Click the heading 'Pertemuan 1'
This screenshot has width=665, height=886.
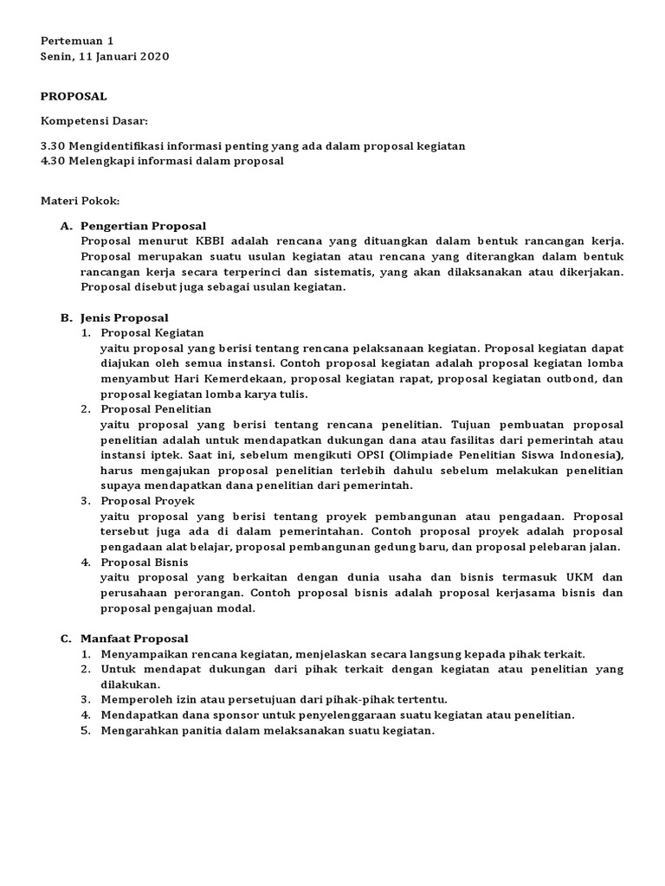[77, 41]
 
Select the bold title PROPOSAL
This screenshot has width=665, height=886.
[74, 96]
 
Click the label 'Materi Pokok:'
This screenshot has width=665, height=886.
[81, 201]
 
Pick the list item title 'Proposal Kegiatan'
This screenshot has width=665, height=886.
[152, 332]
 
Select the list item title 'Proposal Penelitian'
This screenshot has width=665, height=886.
[156, 408]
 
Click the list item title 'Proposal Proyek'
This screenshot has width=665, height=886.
[148, 501]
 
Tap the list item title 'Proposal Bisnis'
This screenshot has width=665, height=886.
[146, 562]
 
